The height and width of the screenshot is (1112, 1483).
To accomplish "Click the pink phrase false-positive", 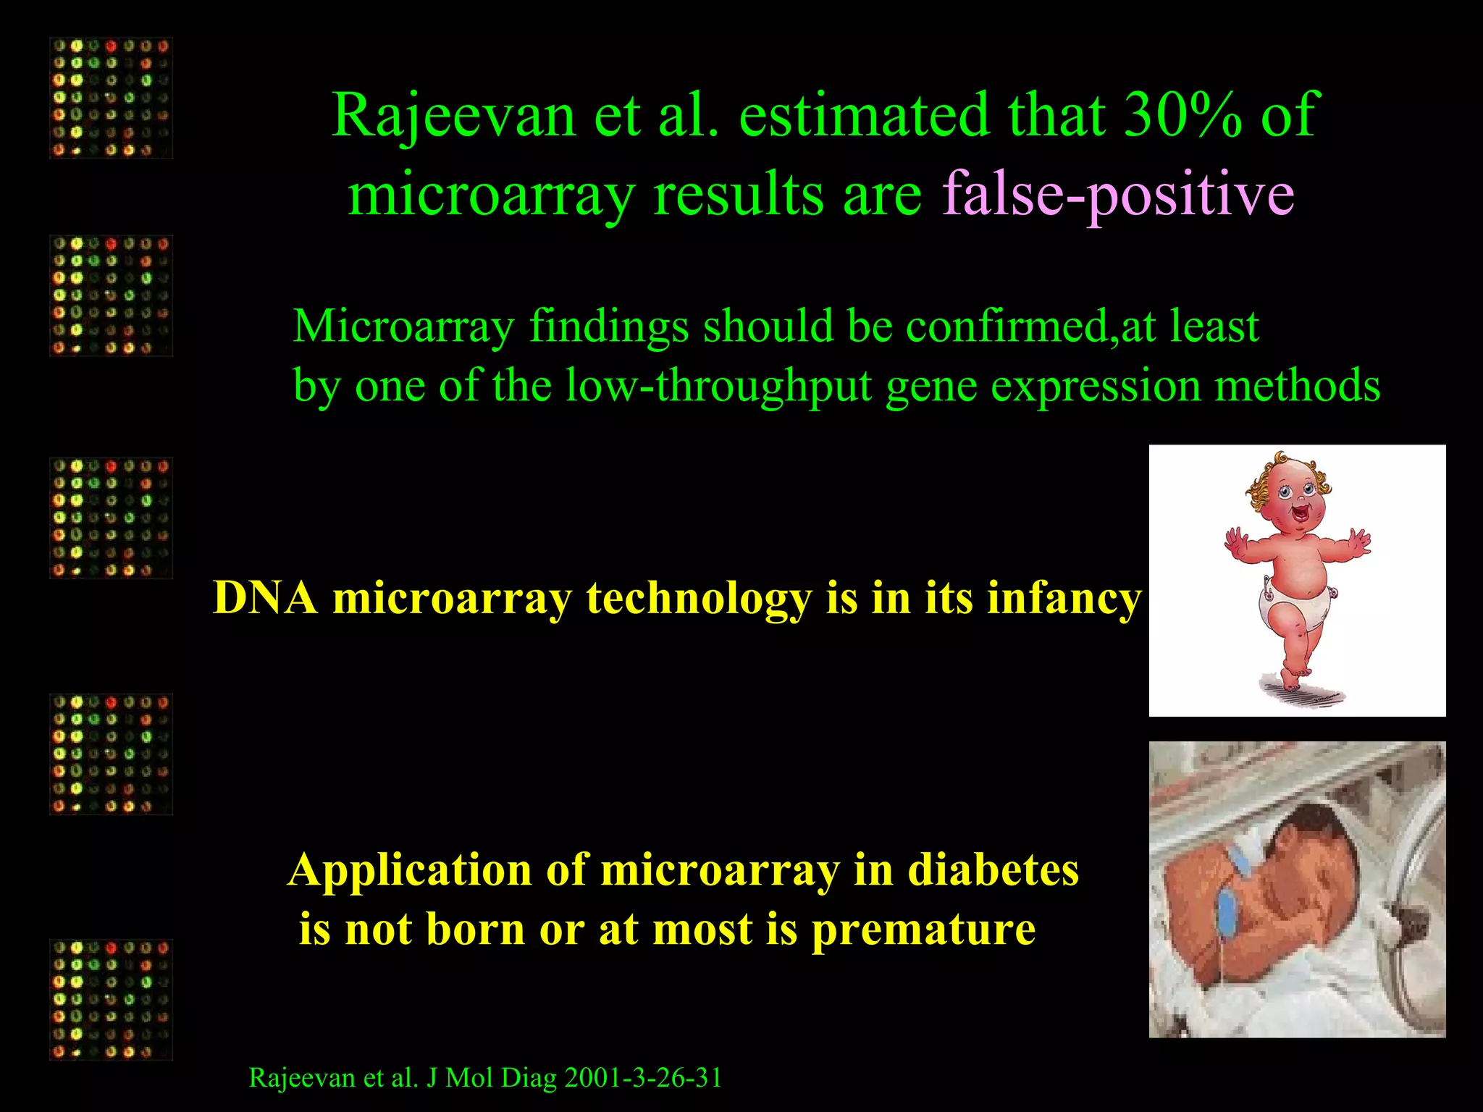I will pos(1117,194).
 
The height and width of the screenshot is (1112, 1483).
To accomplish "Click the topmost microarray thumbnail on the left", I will pos(111,98).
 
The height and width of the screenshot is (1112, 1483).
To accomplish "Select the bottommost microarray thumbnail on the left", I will pos(111,1000).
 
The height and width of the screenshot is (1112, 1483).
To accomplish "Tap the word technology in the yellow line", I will pos(699,599).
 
